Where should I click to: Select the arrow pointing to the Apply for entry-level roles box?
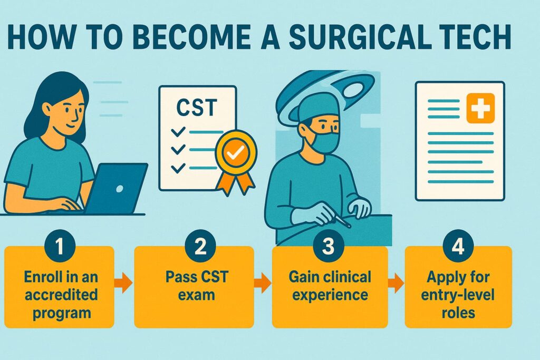tap(396, 283)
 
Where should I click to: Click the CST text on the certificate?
tap(197, 108)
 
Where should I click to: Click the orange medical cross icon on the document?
tap(480, 108)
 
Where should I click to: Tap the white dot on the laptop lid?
tap(120, 189)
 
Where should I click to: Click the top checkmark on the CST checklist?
tap(178, 131)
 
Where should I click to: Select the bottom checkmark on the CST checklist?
tap(178, 168)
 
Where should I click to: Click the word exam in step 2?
tap(197, 295)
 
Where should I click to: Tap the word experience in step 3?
tap(330, 296)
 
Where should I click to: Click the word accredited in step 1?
tap(61, 295)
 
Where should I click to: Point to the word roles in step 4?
tap(458, 313)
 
